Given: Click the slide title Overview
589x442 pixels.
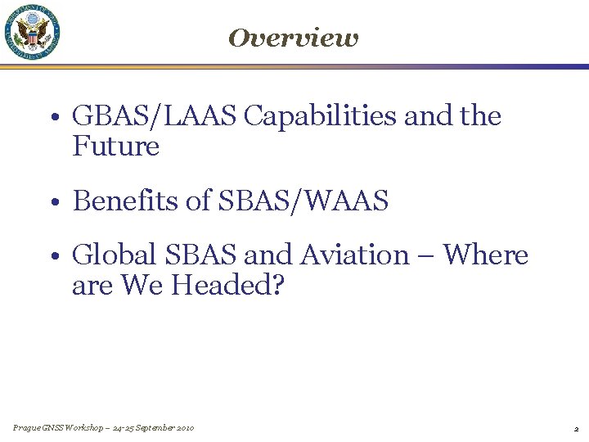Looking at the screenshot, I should [x=293, y=38].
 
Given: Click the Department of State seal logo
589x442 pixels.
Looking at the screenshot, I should [x=33, y=32].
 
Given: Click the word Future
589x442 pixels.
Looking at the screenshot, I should [x=115, y=147].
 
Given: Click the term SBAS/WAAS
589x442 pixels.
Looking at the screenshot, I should [x=303, y=201].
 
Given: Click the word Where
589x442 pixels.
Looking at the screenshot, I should [x=486, y=255].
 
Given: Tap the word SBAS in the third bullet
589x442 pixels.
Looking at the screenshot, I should [x=201, y=255].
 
